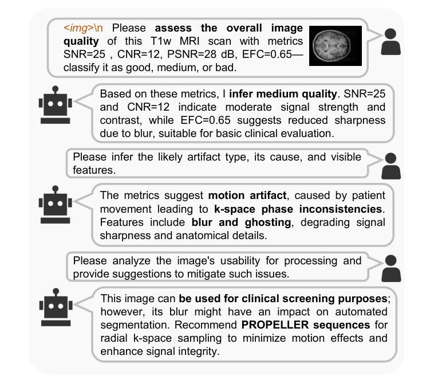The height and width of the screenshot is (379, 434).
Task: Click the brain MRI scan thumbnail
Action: (x=336, y=45)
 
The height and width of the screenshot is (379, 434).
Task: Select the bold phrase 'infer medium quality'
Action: (x=283, y=93)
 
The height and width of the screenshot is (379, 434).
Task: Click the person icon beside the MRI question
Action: (x=390, y=41)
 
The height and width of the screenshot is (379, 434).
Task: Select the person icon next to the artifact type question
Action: (x=390, y=165)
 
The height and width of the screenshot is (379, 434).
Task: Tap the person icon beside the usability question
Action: (x=390, y=268)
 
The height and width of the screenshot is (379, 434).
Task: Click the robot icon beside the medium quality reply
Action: (x=55, y=105)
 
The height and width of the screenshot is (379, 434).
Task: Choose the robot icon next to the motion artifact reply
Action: (x=55, y=205)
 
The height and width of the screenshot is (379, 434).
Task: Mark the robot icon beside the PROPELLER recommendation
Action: (x=55, y=307)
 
